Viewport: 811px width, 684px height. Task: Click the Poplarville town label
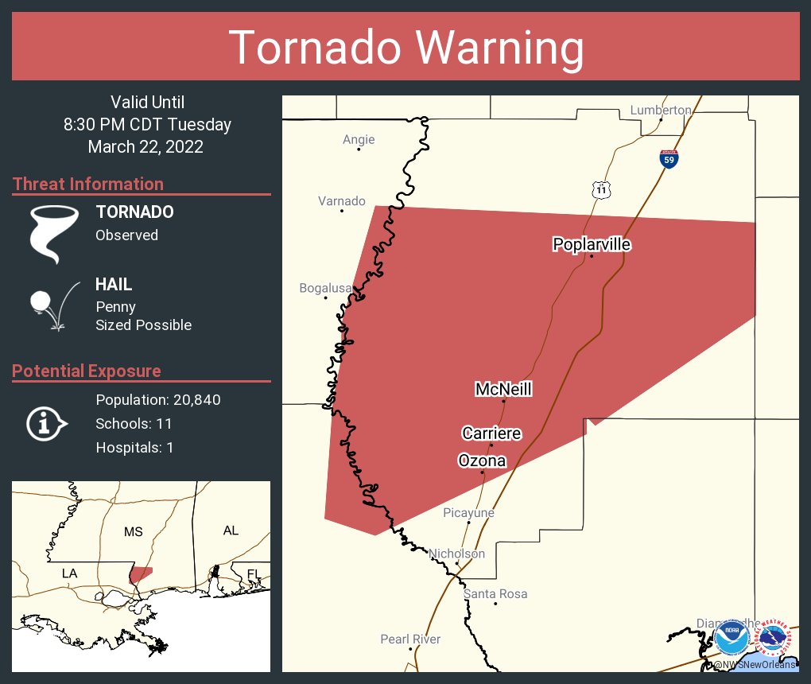pyautogui.click(x=592, y=244)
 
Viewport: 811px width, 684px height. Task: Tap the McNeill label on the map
pyautogui.click(x=503, y=389)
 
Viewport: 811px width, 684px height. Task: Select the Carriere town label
pyautogui.click(x=491, y=433)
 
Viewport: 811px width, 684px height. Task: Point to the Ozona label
pyautogui.click(x=482, y=461)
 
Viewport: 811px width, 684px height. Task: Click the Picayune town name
pyautogui.click(x=468, y=513)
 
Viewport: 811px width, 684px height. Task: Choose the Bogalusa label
pyautogui.click(x=325, y=288)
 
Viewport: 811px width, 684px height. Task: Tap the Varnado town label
pyautogui.click(x=342, y=201)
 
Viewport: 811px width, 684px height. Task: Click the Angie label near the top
pyautogui.click(x=359, y=140)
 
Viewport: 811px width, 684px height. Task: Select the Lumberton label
pyautogui.click(x=661, y=110)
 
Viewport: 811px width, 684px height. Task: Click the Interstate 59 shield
pyautogui.click(x=669, y=157)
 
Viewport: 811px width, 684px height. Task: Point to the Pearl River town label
pyautogui.click(x=410, y=639)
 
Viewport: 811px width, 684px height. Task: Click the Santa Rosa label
pyautogui.click(x=495, y=594)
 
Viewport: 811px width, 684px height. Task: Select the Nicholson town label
pyautogui.click(x=456, y=554)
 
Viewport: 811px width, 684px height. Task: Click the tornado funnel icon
pyautogui.click(x=54, y=232)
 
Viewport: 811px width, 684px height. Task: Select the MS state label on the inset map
pyautogui.click(x=133, y=531)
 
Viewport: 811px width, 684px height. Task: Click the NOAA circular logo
pyautogui.click(x=731, y=638)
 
